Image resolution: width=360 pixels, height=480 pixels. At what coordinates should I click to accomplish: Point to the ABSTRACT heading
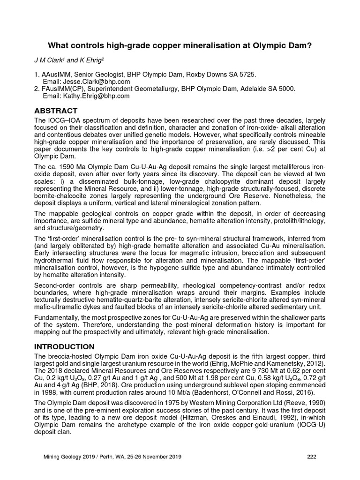click(x=55, y=111)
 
